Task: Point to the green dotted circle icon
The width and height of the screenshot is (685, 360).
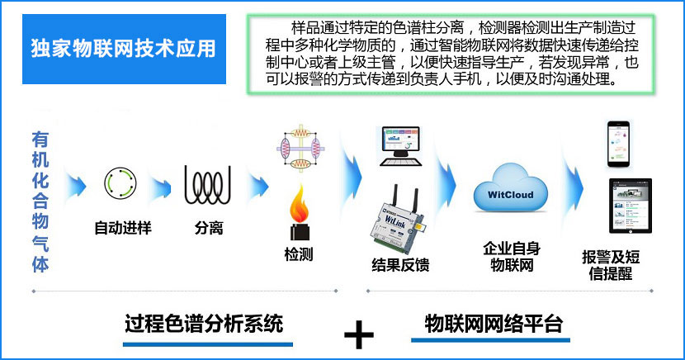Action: tap(119, 182)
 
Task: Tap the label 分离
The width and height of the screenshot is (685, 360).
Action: tap(209, 227)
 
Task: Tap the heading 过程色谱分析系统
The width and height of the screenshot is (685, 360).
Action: tap(203, 322)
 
